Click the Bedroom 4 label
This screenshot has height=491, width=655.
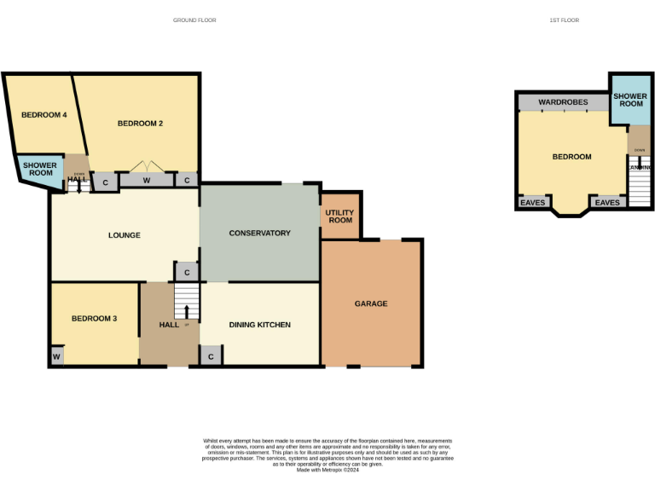(44, 115)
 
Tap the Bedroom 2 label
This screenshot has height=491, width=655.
(140, 124)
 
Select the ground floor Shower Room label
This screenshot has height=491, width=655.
(38, 169)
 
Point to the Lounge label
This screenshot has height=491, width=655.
(124, 235)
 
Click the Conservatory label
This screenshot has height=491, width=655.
(259, 233)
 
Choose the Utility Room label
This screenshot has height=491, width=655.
(339, 216)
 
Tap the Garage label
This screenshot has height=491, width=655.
(371, 303)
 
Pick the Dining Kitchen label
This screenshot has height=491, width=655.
(260, 325)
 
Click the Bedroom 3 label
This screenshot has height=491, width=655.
(94, 319)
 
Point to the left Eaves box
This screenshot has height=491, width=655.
(533, 203)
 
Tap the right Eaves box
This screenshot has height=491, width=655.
(607, 203)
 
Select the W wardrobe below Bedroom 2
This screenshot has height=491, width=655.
(146, 181)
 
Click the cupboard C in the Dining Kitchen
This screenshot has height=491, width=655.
(211, 356)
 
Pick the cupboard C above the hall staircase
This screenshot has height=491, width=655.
(187, 273)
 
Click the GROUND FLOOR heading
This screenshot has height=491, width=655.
(194, 20)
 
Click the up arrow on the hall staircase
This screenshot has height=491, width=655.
(187, 309)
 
